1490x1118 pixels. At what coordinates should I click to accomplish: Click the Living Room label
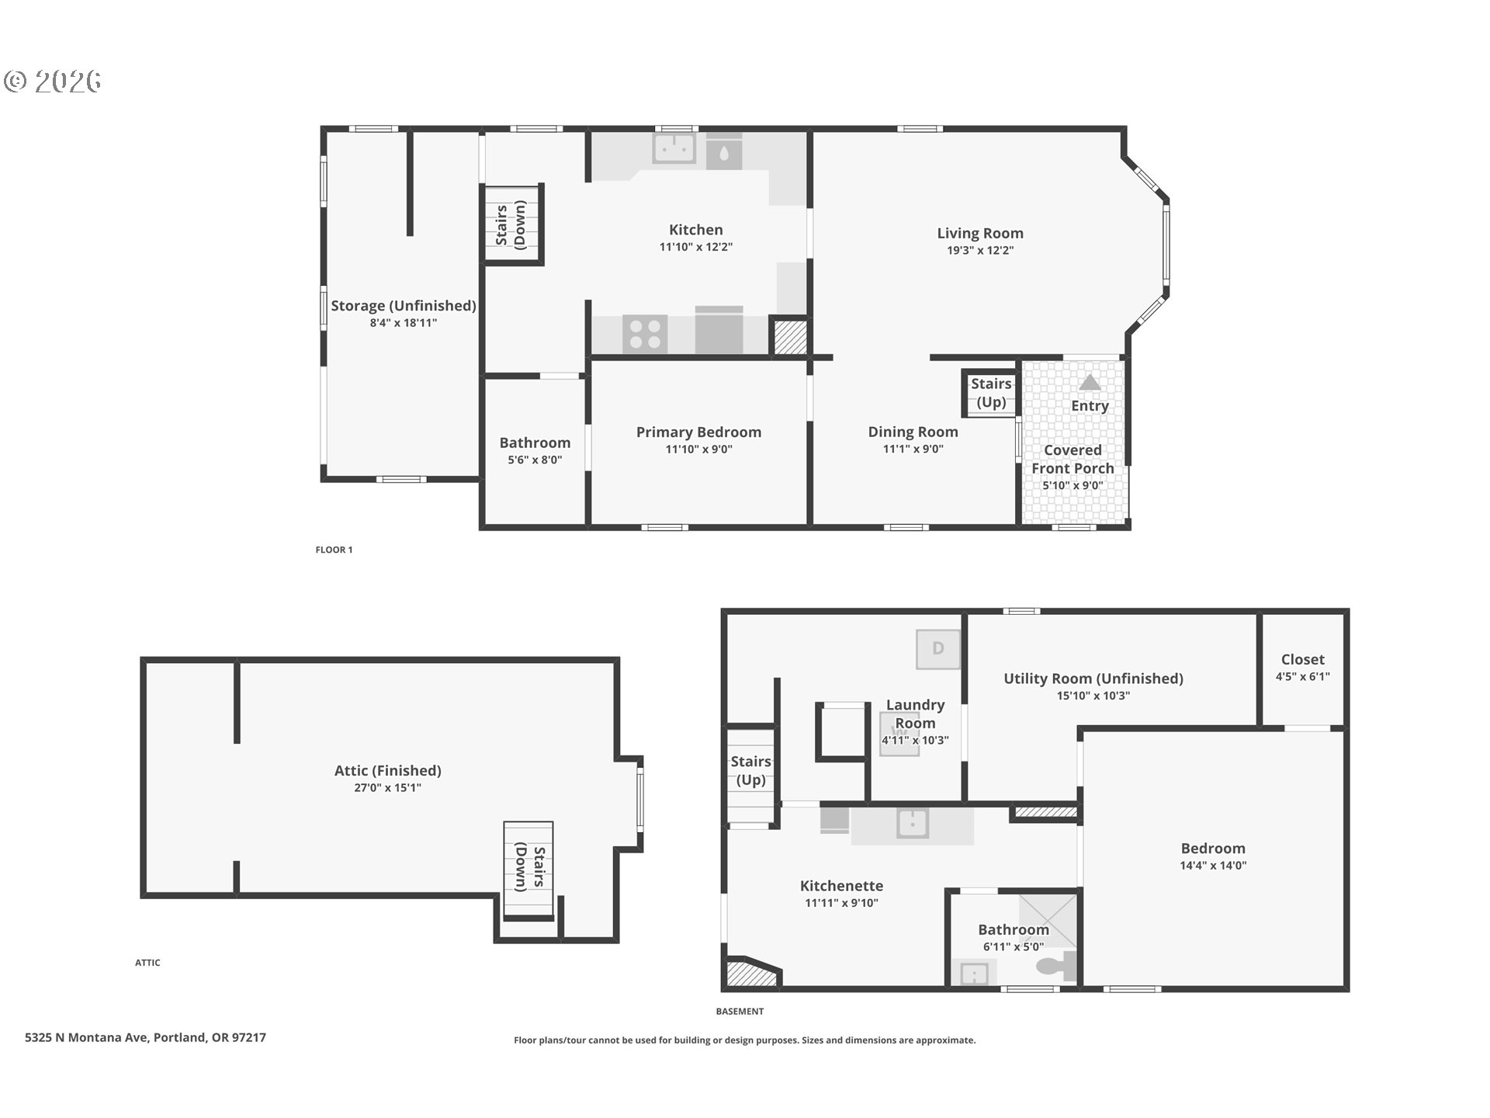click(979, 233)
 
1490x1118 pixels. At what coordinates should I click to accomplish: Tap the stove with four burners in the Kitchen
click(645, 334)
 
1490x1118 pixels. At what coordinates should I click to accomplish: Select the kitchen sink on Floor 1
click(674, 148)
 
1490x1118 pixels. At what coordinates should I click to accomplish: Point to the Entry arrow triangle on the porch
click(1090, 382)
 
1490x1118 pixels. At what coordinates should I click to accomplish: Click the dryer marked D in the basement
click(937, 648)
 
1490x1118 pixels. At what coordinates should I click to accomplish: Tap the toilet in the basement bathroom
click(1056, 967)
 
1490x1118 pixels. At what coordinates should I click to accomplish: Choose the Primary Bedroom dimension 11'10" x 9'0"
click(698, 449)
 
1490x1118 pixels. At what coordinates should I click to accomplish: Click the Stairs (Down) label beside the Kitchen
click(511, 224)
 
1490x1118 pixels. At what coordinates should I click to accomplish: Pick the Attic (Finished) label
click(387, 770)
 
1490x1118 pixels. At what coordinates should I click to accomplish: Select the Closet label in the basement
click(1302, 659)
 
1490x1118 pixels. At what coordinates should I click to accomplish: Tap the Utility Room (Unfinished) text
click(1093, 679)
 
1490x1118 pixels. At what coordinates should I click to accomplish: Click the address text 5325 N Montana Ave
click(86, 1037)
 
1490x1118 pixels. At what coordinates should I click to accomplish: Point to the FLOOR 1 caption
click(334, 550)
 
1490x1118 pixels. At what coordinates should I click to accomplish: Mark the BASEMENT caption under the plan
click(740, 1011)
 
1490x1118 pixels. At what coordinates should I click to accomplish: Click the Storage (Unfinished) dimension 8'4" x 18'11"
click(404, 323)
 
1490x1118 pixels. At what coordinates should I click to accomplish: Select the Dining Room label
click(913, 432)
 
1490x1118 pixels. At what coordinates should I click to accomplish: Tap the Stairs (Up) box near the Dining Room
click(990, 393)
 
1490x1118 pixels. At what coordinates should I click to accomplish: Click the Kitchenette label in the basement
click(841, 886)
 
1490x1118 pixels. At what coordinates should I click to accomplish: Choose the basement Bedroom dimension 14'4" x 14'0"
click(1213, 866)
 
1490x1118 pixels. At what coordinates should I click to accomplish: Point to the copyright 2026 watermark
click(53, 81)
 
